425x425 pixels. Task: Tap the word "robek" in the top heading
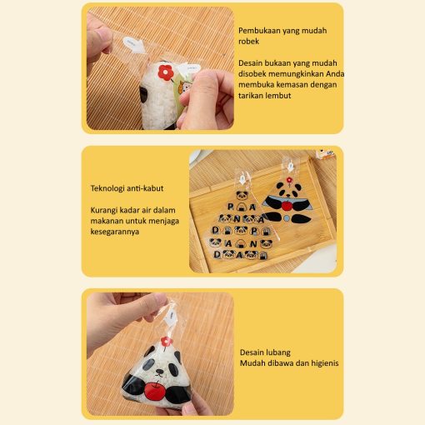[x=248, y=41]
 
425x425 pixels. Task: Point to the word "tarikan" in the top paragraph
[x=250, y=95]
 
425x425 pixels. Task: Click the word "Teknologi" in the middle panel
[x=107, y=188]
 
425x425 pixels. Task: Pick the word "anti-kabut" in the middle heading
[x=145, y=188]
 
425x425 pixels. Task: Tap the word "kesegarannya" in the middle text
[x=115, y=232]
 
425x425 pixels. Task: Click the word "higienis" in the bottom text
[x=325, y=363]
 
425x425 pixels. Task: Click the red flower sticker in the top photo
[x=166, y=72]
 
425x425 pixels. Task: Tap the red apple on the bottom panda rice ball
[x=155, y=391]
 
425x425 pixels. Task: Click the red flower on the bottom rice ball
[x=167, y=342]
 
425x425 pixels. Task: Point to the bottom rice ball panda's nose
[x=159, y=371]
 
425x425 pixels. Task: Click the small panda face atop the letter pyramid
[x=242, y=195]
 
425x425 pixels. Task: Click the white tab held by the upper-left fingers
[x=133, y=45]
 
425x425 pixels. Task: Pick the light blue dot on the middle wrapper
[x=287, y=218]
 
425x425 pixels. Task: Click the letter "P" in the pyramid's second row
[x=231, y=207]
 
